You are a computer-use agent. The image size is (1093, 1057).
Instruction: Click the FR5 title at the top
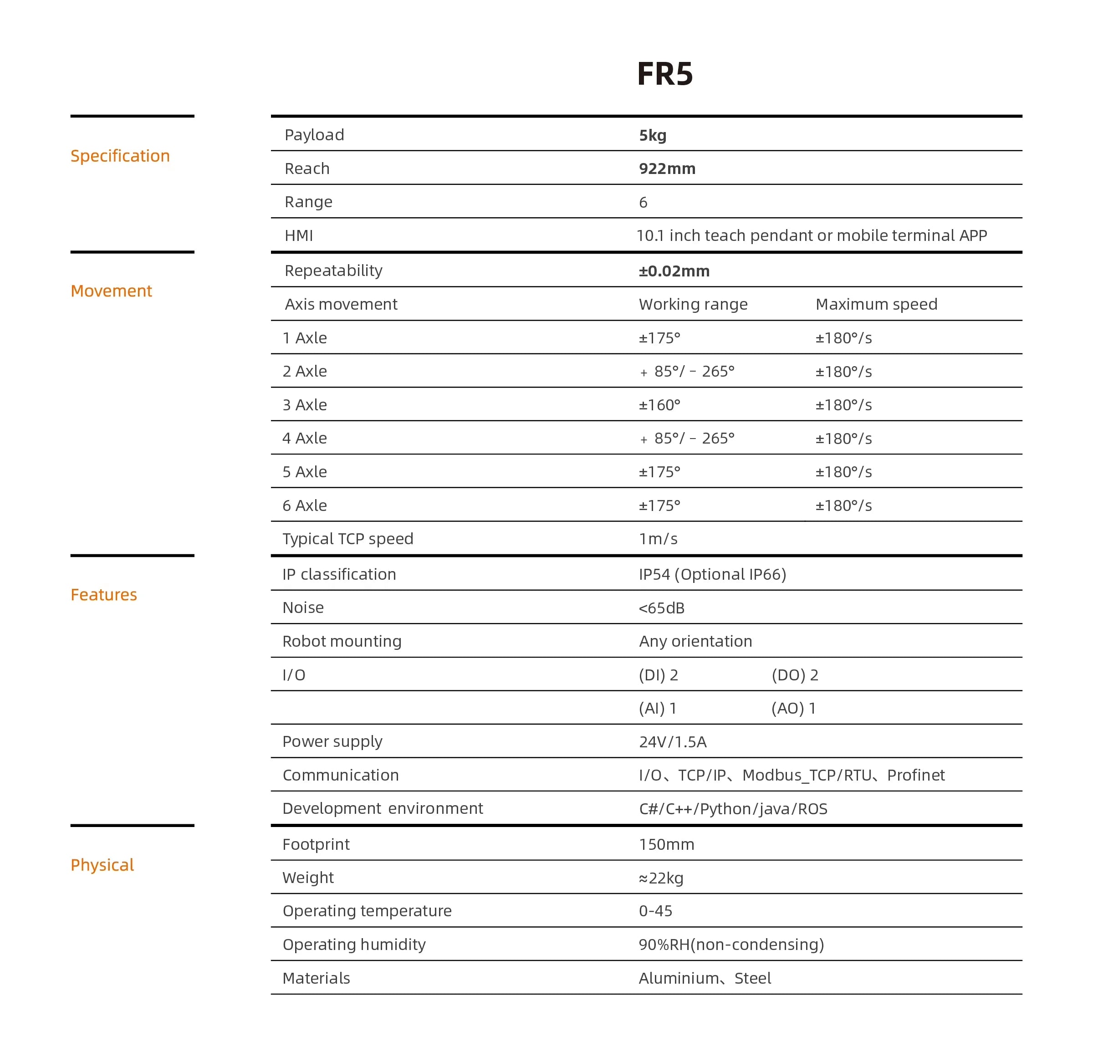(665, 74)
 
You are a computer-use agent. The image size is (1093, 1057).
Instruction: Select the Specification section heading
(120, 156)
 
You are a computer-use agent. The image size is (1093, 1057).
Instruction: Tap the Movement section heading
(111, 291)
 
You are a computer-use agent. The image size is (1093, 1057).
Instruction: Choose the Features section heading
(104, 595)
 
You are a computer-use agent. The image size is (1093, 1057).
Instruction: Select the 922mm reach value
(667, 169)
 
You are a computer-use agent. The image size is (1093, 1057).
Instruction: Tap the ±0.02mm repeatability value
(674, 271)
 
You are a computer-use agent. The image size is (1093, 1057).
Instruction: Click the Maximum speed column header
(876, 304)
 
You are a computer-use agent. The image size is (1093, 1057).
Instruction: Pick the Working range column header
(693, 304)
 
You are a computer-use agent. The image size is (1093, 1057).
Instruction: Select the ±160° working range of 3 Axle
(660, 405)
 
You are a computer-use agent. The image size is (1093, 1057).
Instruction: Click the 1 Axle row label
(305, 338)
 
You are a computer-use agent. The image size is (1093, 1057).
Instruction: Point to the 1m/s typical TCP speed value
(658, 539)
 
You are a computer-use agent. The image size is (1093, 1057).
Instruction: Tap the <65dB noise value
(661, 608)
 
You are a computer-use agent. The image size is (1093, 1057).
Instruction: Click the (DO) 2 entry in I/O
(795, 675)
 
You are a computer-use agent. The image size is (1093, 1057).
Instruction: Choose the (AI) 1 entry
(658, 708)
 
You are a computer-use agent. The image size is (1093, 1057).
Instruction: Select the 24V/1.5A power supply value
(673, 742)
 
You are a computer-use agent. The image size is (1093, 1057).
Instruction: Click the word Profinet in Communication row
(916, 775)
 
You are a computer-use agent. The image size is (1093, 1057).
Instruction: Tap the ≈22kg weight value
(661, 878)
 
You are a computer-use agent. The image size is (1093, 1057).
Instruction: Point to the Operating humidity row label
(354, 945)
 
